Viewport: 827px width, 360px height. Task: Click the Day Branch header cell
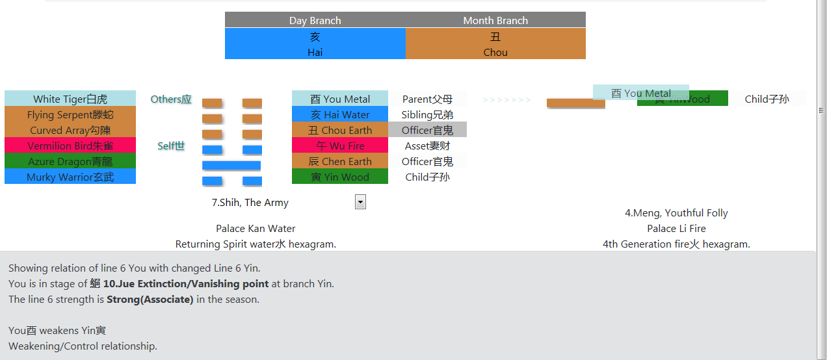(315, 20)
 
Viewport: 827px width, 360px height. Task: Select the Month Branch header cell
(495, 20)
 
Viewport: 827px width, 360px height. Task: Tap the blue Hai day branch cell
(315, 44)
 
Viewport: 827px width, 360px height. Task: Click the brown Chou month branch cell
(495, 44)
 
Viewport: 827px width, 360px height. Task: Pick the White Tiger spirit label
(70, 99)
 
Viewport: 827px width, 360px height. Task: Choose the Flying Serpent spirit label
(70, 114)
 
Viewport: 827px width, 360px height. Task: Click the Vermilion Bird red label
(70, 146)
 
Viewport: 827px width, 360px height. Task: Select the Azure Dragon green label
(70, 161)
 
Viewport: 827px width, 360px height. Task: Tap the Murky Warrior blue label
(70, 177)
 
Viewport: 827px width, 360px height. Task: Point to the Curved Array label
(70, 130)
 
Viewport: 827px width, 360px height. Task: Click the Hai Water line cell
(340, 114)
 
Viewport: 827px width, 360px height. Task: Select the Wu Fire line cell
(340, 146)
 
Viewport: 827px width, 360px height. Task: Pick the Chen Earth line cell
(340, 161)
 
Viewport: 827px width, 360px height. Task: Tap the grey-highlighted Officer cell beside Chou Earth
(427, 130)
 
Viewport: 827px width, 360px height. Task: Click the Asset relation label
(427, 146)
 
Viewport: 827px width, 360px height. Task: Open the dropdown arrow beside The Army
(360, 202)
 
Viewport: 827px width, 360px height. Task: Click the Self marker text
(171, 146)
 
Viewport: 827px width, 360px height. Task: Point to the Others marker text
(171, 99)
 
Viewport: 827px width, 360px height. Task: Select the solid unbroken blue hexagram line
(231, 166)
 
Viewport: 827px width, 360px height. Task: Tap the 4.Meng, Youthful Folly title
(676, 212)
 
